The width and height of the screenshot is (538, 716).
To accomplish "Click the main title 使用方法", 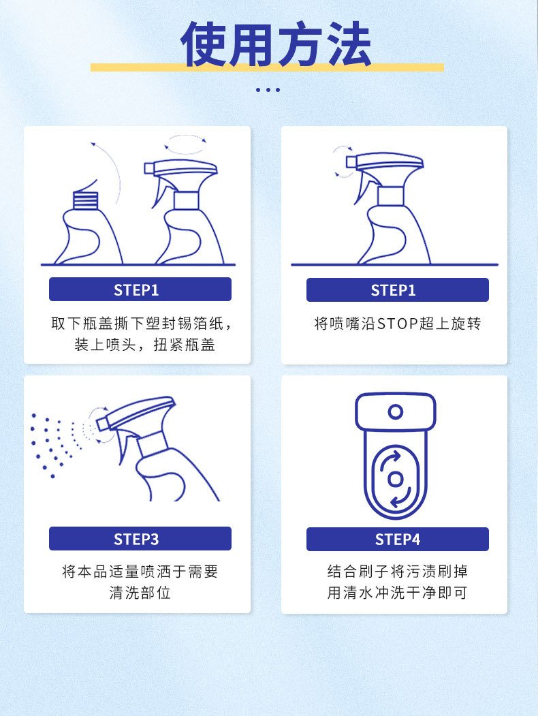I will pyautogui.click(x=276, y=44).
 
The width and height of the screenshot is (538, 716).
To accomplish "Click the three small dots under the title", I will pyautogui.click(x=268, y=89).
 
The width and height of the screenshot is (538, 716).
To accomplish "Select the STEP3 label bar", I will pyautogui.click(x=140, y=539).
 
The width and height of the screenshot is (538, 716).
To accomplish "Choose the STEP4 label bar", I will pyautogui.click(x=397, y=539).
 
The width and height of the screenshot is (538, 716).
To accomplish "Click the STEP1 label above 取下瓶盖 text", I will pyautogui.click(x=140, y=290).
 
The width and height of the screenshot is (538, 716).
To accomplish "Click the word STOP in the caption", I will pyautogui.click(x=397, y=324).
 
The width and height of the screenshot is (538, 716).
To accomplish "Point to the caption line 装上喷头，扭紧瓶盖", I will pyautogui.click(x=144, y=345).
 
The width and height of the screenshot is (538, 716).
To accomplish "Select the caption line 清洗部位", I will pyautogui.click(x=140, y=593).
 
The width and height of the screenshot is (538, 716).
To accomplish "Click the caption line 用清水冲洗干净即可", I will pyautogui.click(x=397, y=593).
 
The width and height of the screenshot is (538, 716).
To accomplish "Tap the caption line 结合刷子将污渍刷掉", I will pyautogui.click(x=397, y=571).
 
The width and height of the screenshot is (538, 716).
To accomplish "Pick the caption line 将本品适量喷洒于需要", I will pyautogui.click(x=140, y=571).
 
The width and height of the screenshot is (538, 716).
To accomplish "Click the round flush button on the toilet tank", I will pyautogui.click(x=396, y=411).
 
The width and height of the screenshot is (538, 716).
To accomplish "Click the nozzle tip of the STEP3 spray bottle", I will pyautogui.click(x=102, y=424).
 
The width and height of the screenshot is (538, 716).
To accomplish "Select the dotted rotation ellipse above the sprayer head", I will pyautogui.click(x=186, y=144).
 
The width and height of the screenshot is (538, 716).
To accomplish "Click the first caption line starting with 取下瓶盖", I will pyautogui.click(x=144, y=324).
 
